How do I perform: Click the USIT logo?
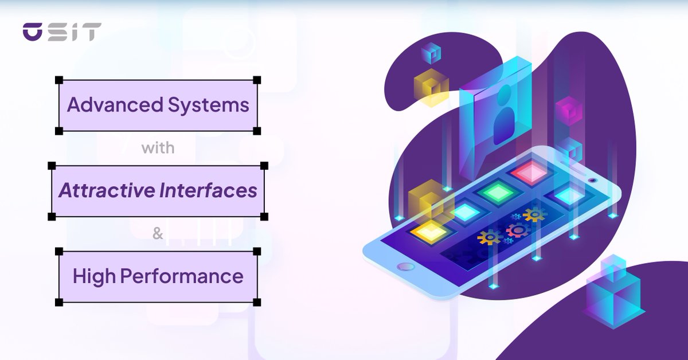click(x=62, y=32)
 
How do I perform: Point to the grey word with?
click(x=158, y=148)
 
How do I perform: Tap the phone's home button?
click(x=406, y=267)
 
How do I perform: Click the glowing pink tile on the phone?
click(x=530, y=171)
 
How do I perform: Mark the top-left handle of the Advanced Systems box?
click(x=58, y=80)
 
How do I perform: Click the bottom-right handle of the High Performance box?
click(x=257, y=302)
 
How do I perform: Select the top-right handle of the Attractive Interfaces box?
click(x=264, y=166)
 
